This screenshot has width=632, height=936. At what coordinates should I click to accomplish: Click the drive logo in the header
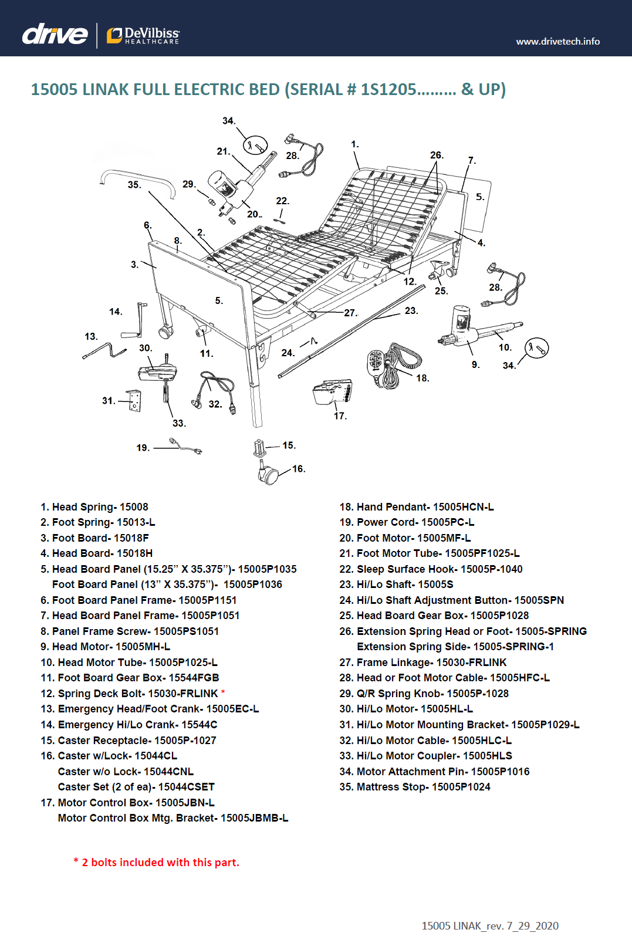tap(55, 34)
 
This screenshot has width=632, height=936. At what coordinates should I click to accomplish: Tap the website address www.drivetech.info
tap(557, 42)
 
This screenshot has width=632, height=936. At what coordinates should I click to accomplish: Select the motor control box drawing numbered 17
tap(332, 391)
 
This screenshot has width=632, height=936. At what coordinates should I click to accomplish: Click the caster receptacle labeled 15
tap(259, 449)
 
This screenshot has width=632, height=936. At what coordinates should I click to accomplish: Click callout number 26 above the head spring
tap(437, 156)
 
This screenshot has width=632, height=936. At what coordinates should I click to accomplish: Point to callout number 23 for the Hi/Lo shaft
tap(411, 311)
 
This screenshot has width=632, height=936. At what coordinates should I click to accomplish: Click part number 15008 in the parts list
tap(134, 507)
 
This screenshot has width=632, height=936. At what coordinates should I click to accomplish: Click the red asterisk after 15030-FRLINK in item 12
tap(223, 692)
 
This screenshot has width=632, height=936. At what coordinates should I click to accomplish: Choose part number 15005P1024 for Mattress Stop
tap(461, 787)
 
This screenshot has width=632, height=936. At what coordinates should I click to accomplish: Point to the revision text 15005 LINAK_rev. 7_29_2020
tap(490, 925)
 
